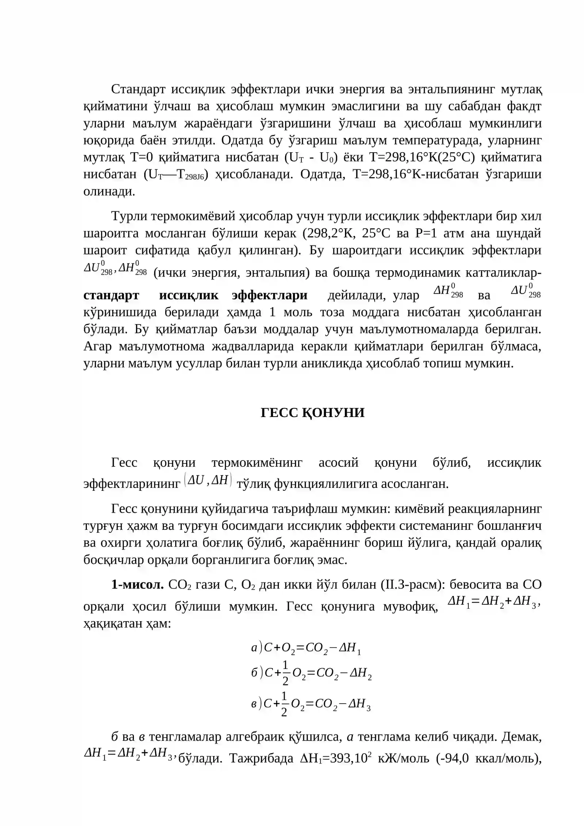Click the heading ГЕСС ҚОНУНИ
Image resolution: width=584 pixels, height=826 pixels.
[x=312, y=413]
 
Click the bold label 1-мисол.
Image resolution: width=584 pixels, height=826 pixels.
[x=138, y=585]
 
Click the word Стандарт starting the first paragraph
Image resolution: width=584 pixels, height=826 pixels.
[x=138, y=89]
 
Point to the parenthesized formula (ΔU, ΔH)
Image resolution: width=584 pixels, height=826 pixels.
[x=208, y=480]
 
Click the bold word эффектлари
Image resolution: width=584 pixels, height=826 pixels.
[x=269, y=295]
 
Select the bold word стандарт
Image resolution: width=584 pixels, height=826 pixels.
[x=111, y=295]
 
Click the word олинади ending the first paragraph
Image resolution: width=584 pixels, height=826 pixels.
[x=109, y=191]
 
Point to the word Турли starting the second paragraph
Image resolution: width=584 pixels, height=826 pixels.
[x=129, y=216]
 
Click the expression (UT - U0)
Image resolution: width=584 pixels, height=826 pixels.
[x=313, y=157]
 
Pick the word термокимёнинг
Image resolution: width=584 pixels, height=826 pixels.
[x=257, y=463]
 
